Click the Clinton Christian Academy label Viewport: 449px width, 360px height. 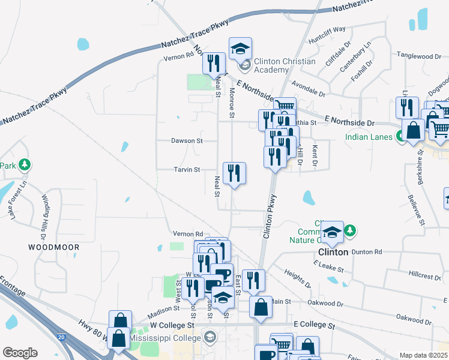[284, 66]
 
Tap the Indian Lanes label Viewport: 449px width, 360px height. [369, 137]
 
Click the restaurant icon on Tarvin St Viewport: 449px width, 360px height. [234, 173]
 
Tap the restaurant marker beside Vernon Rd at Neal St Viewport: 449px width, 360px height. [214, 62]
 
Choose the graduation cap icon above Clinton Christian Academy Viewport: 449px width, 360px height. [240, 48]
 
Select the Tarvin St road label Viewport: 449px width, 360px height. [187, 170]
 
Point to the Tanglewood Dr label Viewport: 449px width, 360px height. [418, 56]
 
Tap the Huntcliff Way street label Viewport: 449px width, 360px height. [327, 36]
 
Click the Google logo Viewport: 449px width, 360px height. [20, 353]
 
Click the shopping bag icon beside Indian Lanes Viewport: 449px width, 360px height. [413, 130]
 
